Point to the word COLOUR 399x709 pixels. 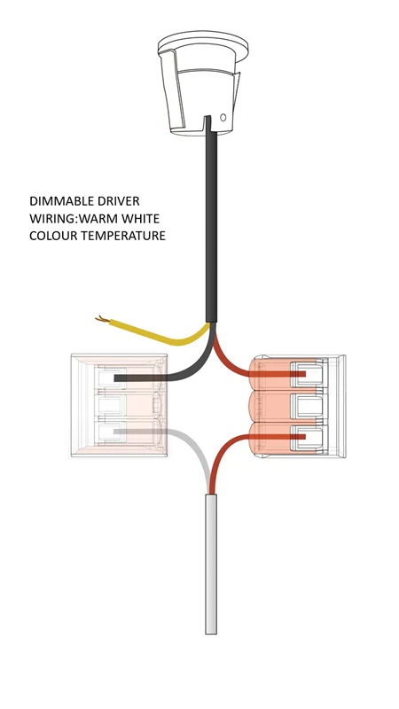51,236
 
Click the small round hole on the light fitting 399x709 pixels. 223,118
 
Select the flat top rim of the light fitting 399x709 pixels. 203,43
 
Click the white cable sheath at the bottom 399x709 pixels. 211,564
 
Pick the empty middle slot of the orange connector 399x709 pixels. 309,406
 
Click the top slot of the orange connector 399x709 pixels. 309,374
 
